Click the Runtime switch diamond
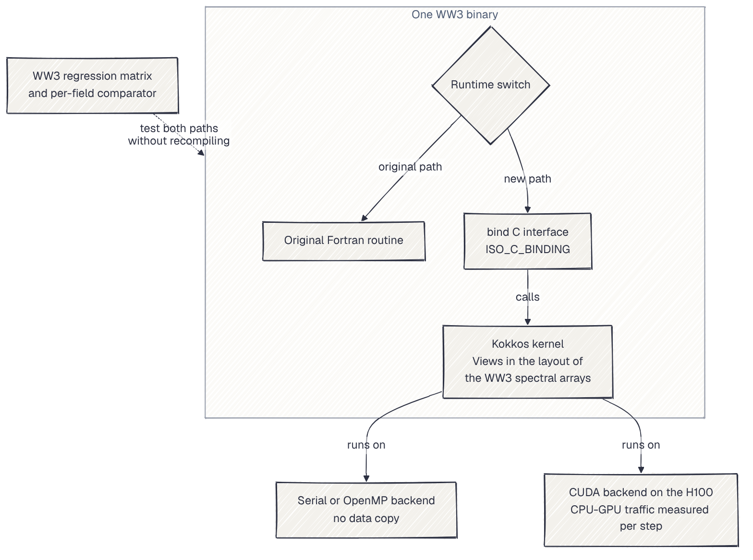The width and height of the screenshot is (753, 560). click(x=491, y=85)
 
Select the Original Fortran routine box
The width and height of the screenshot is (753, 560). click(x=343, y=241)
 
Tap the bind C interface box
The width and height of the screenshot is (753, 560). click(x=528, y=241)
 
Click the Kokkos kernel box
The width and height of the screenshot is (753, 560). click(x=528, y=362)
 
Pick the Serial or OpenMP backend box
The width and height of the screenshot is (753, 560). click(x=366, y=510)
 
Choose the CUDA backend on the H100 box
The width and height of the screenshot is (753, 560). click(x=641, y=510)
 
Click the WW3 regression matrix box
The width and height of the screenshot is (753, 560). click(x=92, y=85)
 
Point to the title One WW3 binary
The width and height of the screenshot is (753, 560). click(x=455, y=14)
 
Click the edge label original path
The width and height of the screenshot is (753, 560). click(x=410, y=167)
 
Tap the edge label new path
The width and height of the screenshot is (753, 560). click(x=528, y=179)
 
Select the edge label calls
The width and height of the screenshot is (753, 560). click(x=528, y=297)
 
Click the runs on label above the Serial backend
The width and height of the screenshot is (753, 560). click(x=366, y=445)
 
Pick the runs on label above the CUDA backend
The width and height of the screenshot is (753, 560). click(x=641, y=445)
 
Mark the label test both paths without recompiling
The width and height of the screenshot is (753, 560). click(x=179, y=134)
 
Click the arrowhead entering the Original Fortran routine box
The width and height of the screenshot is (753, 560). click(x=364, y=218)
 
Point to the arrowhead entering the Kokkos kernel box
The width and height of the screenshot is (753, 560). click(x=528, y=321)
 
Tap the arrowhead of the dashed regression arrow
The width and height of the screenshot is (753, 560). click(x=202, y=153)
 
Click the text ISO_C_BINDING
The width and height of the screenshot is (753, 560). click(x=528, y=250)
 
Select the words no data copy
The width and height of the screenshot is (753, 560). click(x=366, y=519)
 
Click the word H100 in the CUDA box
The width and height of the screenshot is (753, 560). click(x=699, y=492)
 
